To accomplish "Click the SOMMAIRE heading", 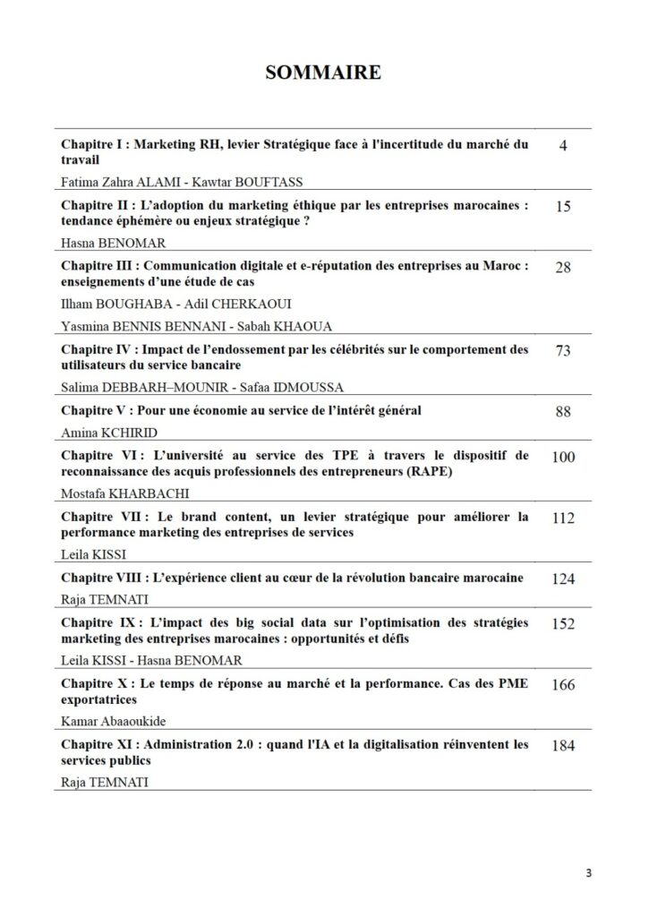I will [x=323, y=73].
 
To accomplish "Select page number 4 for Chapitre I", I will [x=563, y=145].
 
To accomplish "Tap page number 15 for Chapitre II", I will [x=563, y=206].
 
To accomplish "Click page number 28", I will [x=563, y=267].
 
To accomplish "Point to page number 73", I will [x=563, y=350].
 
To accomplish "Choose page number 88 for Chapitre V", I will [x=563, y=412].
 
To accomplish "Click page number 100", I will [x=563, y=457].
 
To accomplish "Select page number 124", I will [x=563, y=578].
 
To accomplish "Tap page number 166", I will [x=563, y=685].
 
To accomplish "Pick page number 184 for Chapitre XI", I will [x=563, y=746].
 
